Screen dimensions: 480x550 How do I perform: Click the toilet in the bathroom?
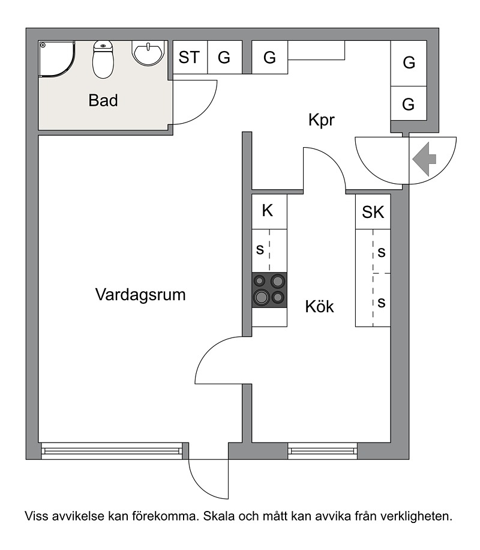click(103, 59)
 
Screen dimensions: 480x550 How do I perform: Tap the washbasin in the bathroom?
click(148, 53)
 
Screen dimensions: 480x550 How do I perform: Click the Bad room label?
click(103, 100)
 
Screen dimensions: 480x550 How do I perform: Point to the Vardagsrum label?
click(140, 295)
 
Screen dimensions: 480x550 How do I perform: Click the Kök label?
click(319, 306)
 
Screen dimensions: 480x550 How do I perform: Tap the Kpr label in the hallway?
click(322, 120)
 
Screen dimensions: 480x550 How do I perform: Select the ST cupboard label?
click(189, 58)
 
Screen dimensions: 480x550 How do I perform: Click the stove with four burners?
click(269, 290)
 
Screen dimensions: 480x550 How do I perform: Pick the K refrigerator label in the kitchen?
click(268, 211)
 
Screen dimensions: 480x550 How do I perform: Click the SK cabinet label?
click(373, 212)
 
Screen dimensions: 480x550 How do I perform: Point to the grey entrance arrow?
click(424, 159)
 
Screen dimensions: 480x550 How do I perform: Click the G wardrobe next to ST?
click(224, 58)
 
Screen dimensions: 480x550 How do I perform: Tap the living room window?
click(112, 451)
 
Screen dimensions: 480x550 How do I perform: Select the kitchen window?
click(322, 451)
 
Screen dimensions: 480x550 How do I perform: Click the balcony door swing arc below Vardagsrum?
click(202, 488)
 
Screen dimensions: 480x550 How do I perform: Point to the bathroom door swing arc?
click(205, 112)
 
